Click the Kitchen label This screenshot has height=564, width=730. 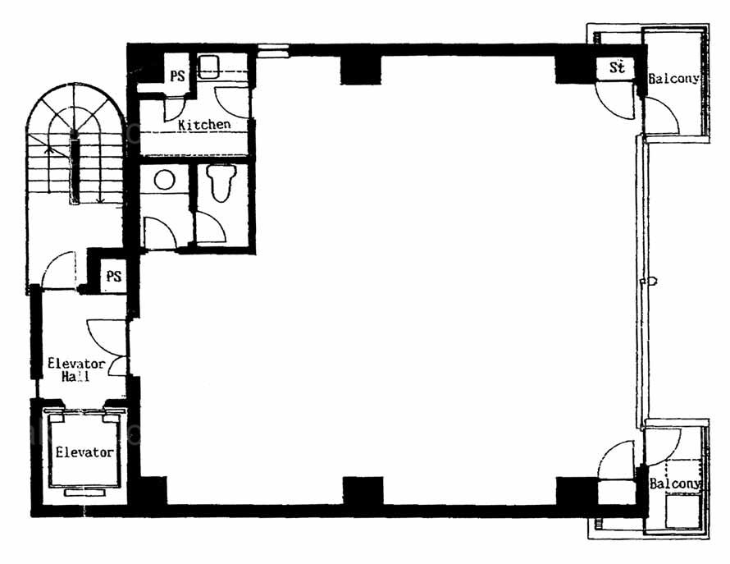coord(204,125)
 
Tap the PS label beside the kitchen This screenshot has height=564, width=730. coord(177,76)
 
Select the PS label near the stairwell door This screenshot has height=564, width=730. coord(113,276)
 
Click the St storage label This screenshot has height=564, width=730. coord(618,67)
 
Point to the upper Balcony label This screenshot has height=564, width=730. coord(673,78)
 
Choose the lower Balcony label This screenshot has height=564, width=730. coord(674,484)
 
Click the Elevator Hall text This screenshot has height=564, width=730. coord(76,369)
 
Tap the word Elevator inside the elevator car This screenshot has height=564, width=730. coord(84,452)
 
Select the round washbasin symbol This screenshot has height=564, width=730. coord(164,180)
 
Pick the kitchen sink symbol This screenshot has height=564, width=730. coord(208,66)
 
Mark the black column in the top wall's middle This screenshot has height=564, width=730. coord(361,69)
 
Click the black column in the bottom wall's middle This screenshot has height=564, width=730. coord(363,491)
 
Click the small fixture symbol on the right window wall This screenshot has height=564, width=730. coord(649,281)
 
